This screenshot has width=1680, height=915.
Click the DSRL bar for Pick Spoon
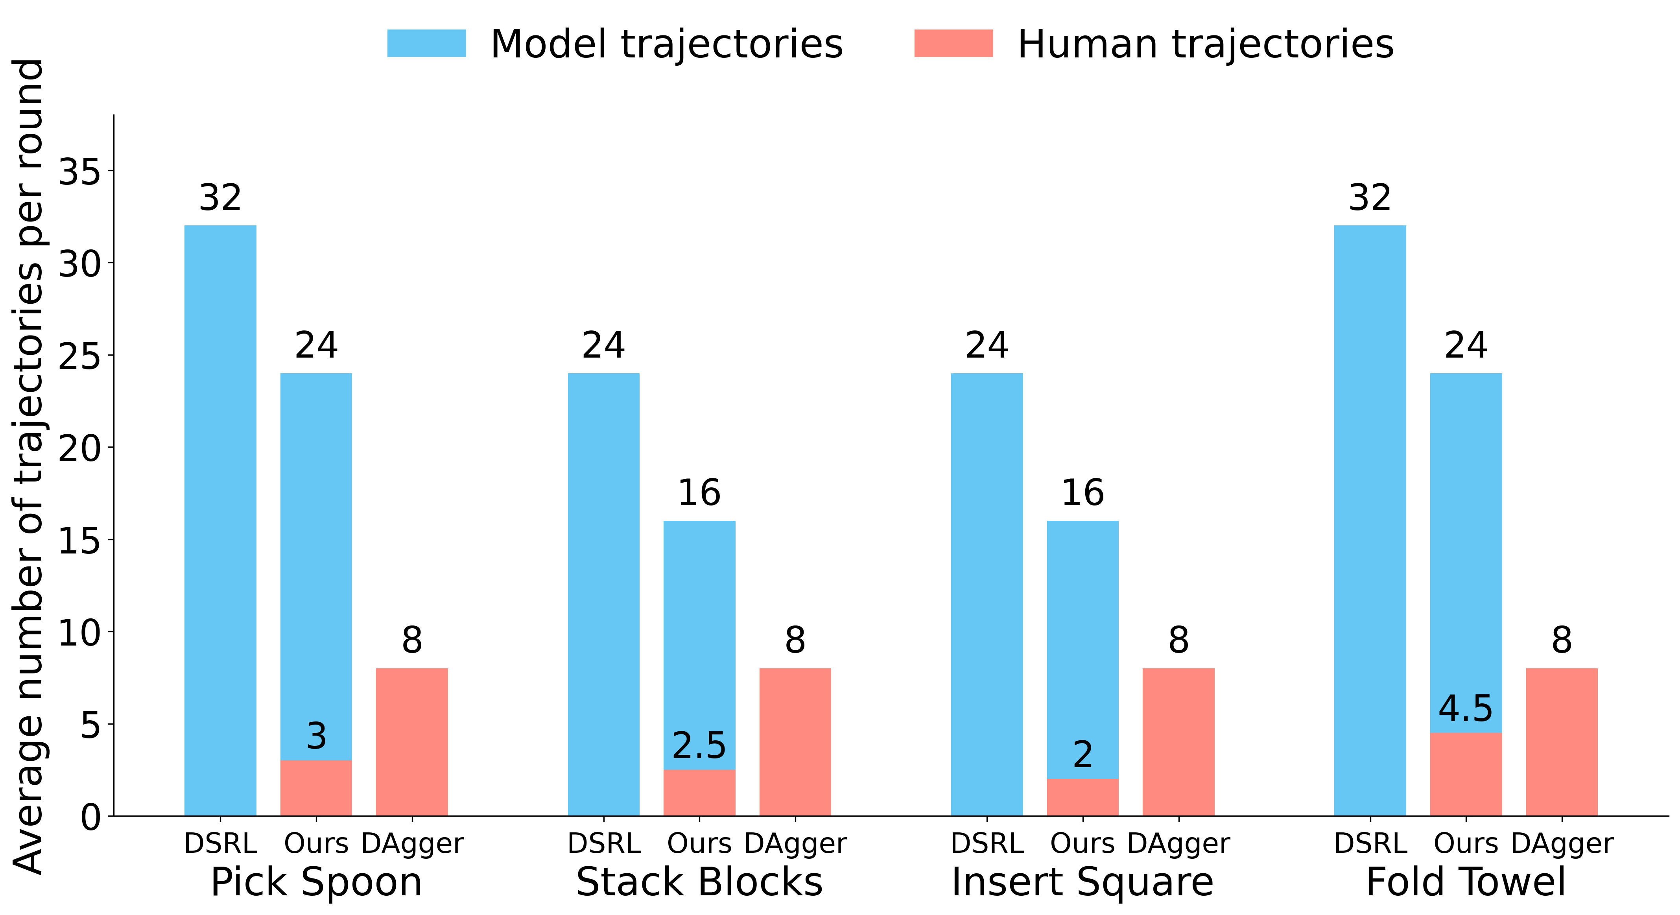pos(220,520)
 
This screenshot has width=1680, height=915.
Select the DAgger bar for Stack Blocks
pos(795,742)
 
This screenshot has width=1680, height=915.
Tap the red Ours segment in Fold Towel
pos(1466,774)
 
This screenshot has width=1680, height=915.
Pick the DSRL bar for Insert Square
pos(987,594)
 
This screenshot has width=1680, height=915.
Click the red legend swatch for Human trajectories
pos(953,43)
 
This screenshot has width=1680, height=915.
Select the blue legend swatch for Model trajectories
pos(426,43)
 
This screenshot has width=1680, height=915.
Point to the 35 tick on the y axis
pos(111,171)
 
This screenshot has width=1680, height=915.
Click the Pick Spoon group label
pos(316,882)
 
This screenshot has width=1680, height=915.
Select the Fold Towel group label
pos(1466,882)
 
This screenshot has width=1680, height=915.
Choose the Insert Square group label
pos(1083,882)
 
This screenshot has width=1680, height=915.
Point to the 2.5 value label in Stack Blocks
pos(699,745)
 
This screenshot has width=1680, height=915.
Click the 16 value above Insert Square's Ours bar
pos(1083,493)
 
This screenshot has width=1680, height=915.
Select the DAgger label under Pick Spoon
pos(412,843)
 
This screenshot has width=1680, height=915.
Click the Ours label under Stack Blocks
pos(699,843)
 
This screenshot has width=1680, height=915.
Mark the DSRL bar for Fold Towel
pos(1370,520)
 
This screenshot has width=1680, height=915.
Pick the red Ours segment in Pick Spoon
pos(316,788)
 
